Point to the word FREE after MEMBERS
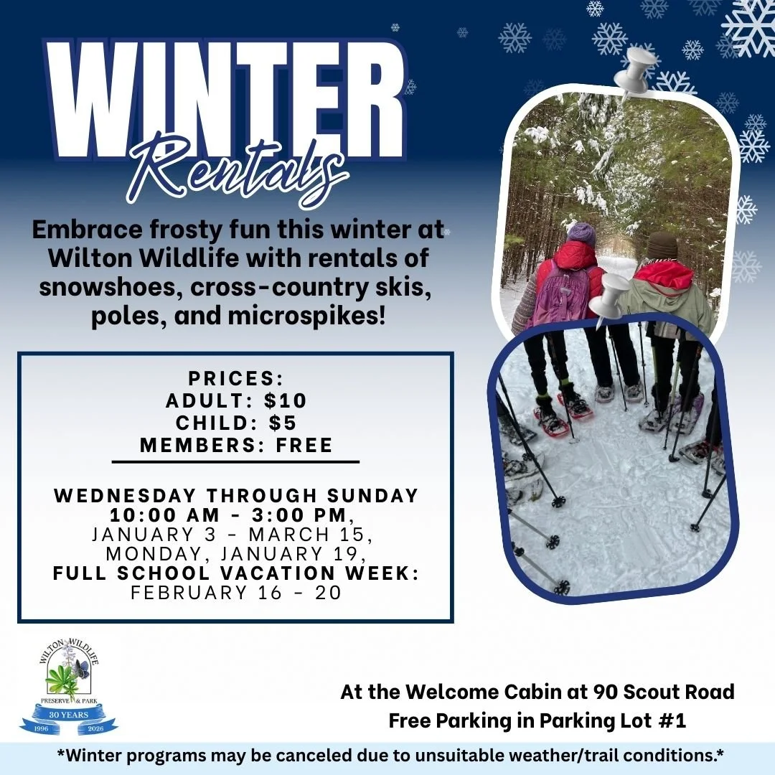(x=304, y=445)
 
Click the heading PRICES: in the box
(x=236, y=378)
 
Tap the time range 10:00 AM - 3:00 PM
(x=230, y=515)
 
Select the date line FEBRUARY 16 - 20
(x=236, y=593)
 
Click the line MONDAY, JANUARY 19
(x=236, y=554)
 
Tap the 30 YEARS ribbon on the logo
(x=69, y=715)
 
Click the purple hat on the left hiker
(x=581, y=233)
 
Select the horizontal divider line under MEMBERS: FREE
(x=236, y=462)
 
